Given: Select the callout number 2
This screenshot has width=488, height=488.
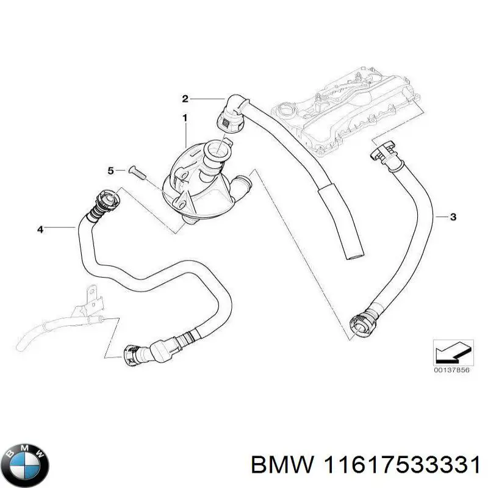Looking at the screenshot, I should click(185, 98).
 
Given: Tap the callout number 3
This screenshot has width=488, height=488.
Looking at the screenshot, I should click(453, 217).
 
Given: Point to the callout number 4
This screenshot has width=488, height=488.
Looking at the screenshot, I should click(40, 229).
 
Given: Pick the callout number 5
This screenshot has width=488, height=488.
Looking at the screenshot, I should click(111, 170).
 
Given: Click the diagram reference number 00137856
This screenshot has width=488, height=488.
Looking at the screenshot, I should click(452, 370).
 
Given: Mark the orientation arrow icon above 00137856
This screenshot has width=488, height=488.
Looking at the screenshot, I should click(452, 353).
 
